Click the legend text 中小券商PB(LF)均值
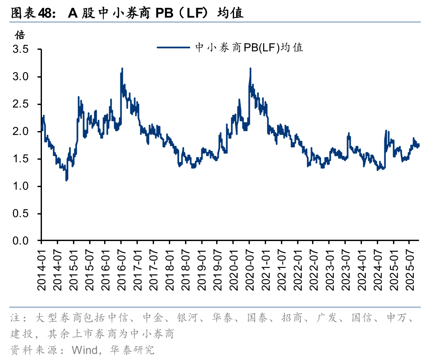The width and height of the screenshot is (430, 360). click(x=249, y=47)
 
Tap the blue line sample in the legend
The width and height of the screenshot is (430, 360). click(x=173, y=47)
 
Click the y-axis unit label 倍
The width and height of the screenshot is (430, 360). click(x=20, y=34)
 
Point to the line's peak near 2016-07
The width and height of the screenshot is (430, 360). click(x=122, y=68)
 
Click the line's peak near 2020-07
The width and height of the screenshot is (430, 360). click(x=250, y=68)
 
